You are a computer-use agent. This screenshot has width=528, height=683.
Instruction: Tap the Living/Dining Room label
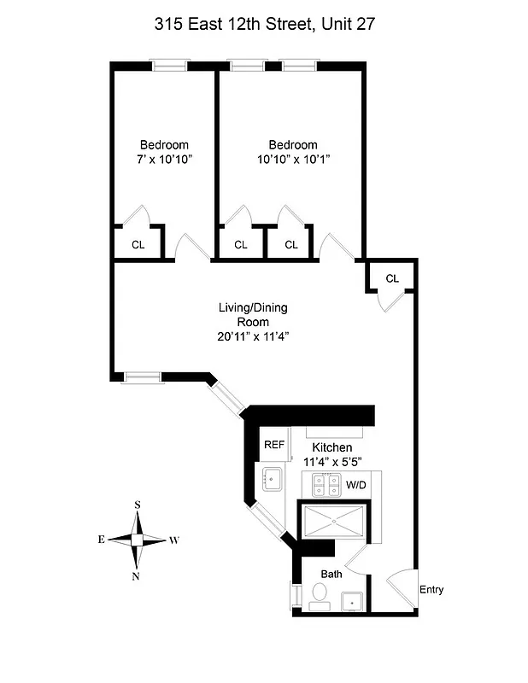pos(254,315)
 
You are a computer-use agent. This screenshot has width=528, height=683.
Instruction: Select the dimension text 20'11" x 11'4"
pos(254,336)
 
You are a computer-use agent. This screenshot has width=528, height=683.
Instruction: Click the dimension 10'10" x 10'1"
pos(293,159)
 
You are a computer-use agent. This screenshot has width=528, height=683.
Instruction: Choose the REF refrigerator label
pos(273,445)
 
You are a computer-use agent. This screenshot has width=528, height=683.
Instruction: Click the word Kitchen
pos(331,447)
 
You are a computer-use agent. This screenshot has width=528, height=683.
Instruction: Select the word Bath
pos(331,574)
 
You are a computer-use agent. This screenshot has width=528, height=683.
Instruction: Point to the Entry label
pos(431,590)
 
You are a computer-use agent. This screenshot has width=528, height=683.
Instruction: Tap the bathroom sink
pos(353,603)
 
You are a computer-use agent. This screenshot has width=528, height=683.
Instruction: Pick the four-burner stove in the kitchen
pos(326,486)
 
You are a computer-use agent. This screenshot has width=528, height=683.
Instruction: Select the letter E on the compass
pos(101,540)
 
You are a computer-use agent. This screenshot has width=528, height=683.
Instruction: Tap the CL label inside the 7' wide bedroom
pos(138,244)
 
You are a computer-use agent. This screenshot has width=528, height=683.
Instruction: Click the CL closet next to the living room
pos(392,278)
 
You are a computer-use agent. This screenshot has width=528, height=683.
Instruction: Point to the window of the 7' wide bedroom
pos(168,64)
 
